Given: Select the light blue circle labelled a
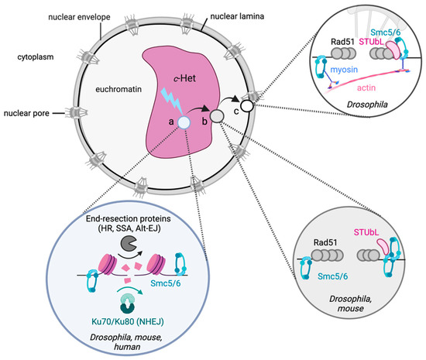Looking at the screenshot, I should click(183, 122).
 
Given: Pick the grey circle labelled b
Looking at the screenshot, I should click(217, 115).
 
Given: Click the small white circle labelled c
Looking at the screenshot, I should click(247, 105).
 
